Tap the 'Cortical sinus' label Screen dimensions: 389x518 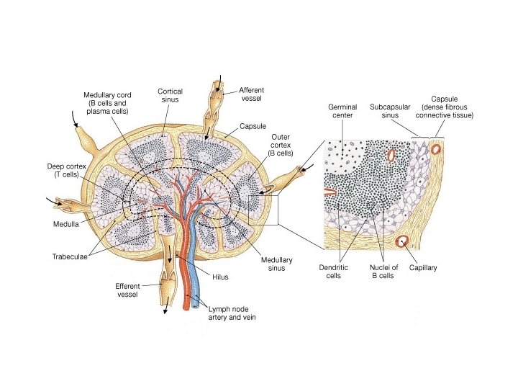pos(170,97)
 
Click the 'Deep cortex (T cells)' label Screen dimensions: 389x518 pos(67,171)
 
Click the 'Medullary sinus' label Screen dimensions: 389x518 pos(273,264)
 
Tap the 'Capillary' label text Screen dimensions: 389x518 pos(422,267)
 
